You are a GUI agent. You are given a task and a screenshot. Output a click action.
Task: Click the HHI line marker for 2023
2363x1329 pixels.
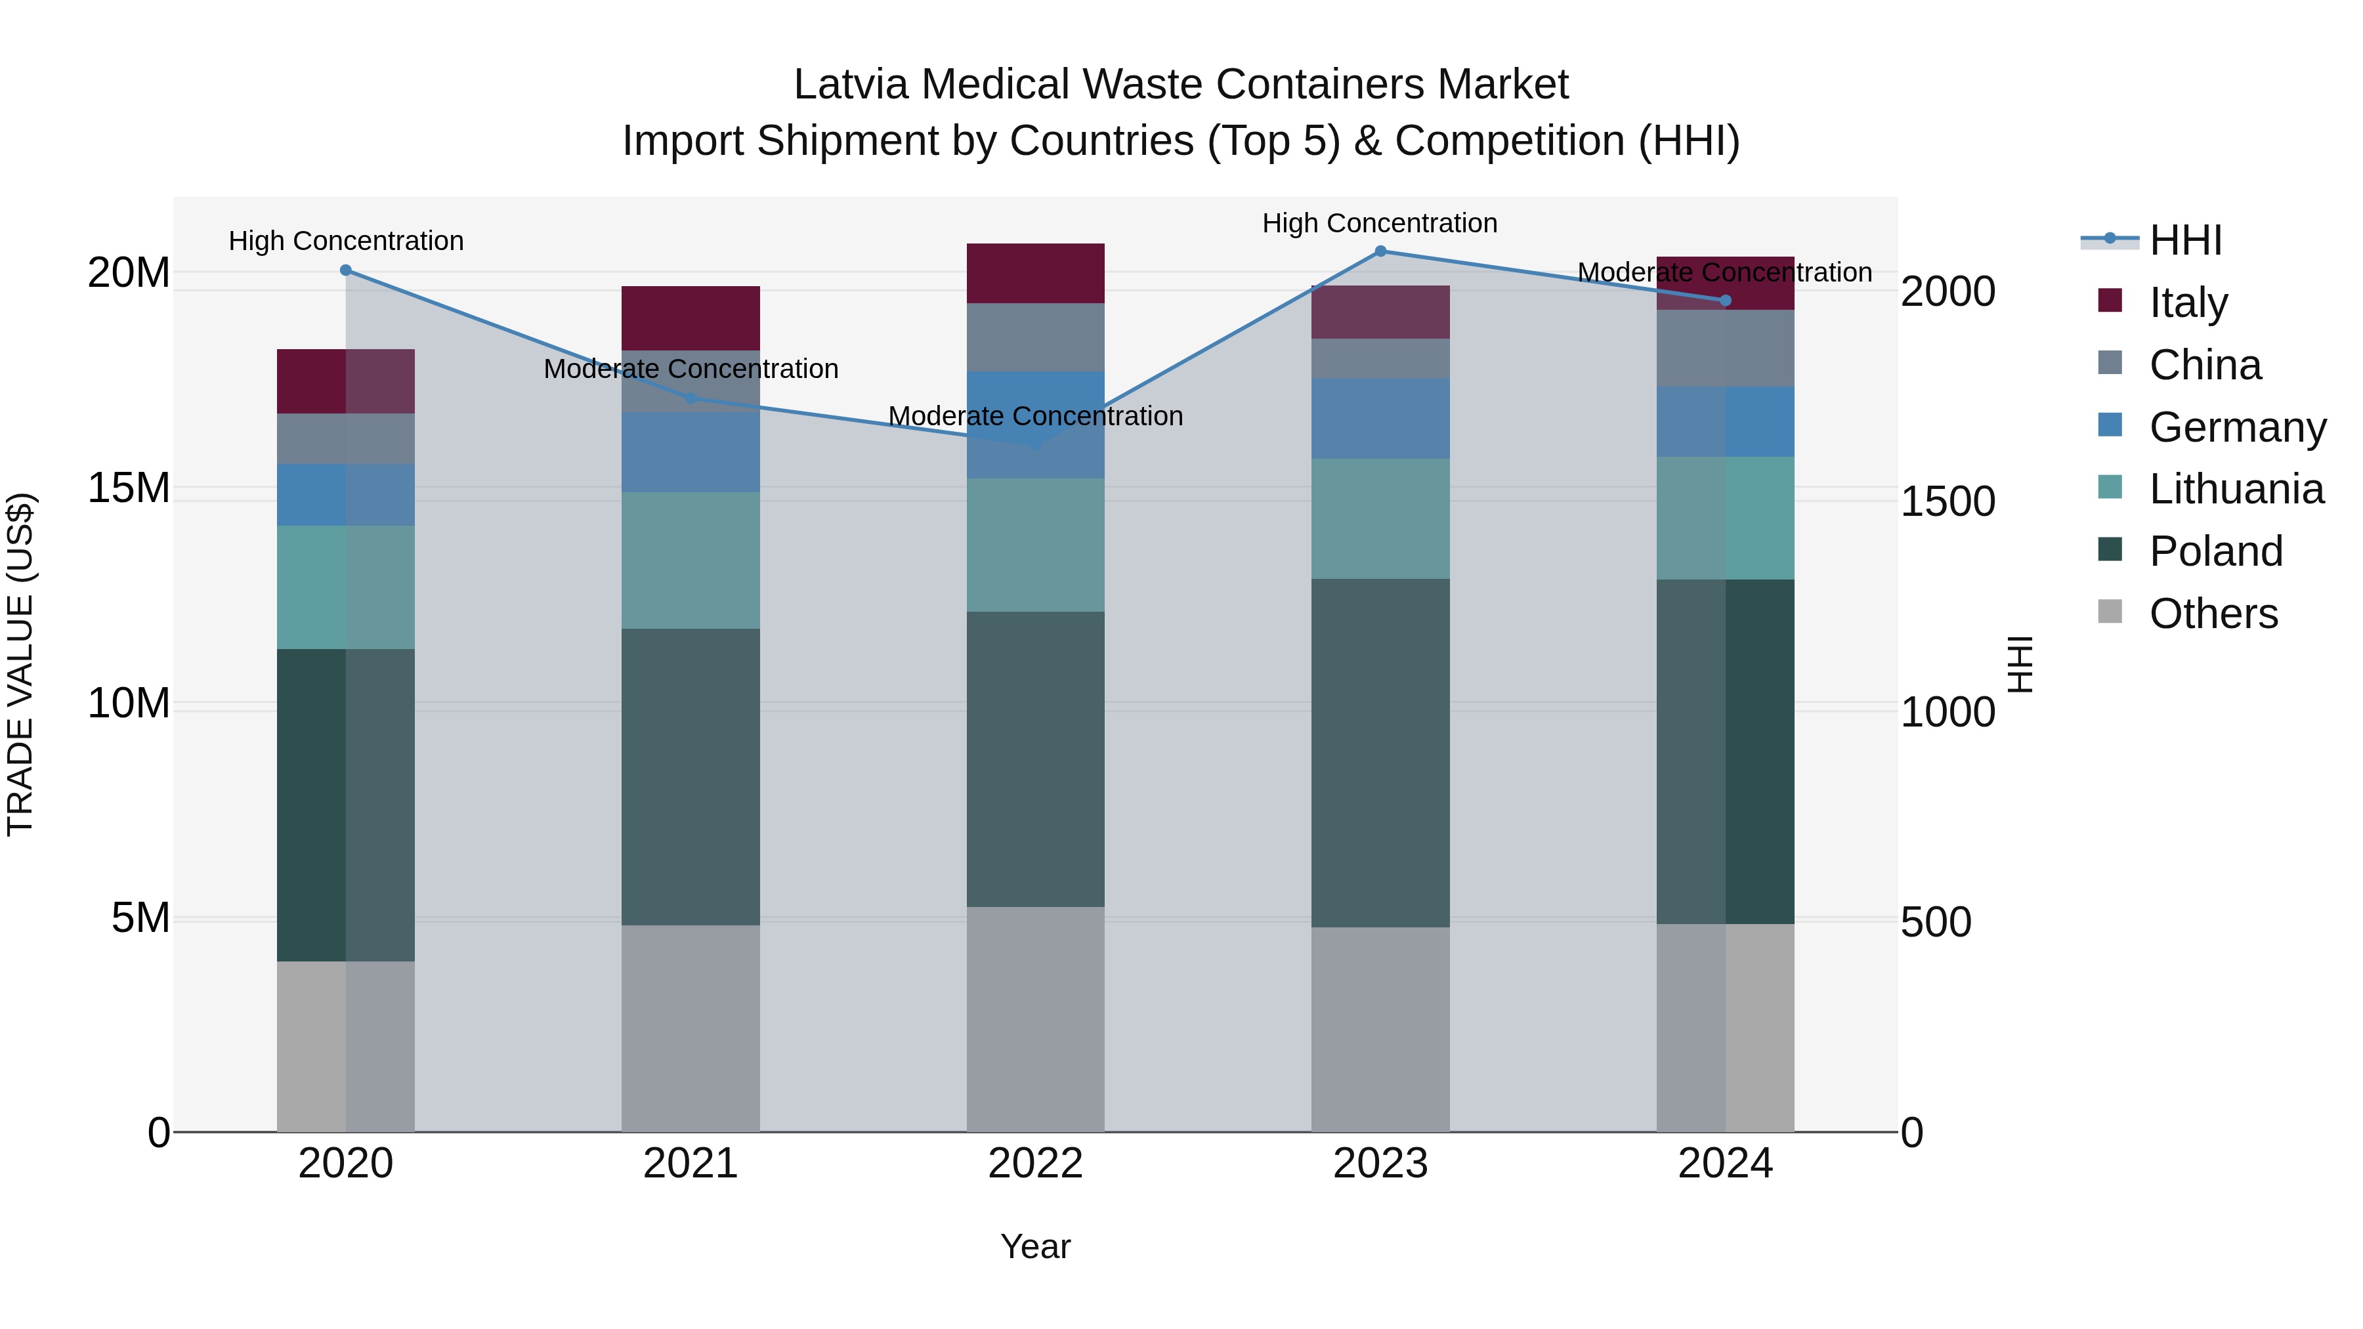pos(1380,251)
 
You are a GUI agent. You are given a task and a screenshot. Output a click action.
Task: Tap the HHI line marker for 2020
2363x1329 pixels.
pos(346,270)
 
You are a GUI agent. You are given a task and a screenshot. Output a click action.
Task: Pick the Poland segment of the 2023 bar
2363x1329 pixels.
pos(1380,752)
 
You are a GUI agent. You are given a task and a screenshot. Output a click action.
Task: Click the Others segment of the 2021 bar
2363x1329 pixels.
pos(691,1027)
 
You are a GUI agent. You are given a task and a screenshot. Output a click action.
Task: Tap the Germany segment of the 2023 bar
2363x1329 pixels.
pos(1380,418)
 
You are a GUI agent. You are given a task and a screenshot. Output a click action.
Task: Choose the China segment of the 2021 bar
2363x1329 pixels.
pos(691,381)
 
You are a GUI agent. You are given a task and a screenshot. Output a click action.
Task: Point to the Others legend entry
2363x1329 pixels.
pos(2213,614)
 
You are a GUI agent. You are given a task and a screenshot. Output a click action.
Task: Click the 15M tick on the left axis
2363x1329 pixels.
pos(129,488)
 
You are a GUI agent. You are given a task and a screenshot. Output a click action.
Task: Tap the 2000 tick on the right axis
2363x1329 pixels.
pos(1947,291)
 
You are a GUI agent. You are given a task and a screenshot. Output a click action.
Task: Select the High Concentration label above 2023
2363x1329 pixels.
pos(1380,223)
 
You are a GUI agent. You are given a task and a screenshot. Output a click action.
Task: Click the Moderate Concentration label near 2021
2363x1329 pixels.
pos(691,369)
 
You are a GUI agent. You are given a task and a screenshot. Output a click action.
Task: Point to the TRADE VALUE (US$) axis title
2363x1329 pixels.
pos(20,664)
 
